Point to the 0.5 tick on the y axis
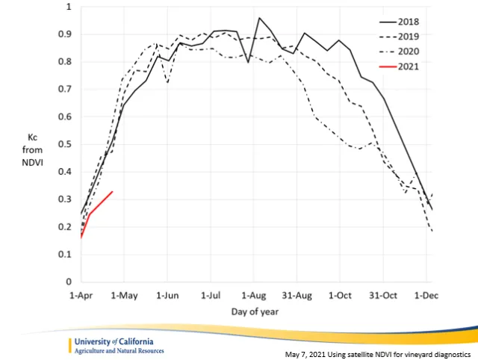click(x=62, y=144)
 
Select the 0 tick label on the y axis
click(x=67, y=282)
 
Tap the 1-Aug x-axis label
click(x=252, y=296)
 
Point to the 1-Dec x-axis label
click(x=426, y=296)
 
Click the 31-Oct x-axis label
click(x=383, y=296)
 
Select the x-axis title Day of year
click(x=254, y=310)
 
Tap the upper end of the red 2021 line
click(x=112, y=192)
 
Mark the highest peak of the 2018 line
click(x=259, y=18)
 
